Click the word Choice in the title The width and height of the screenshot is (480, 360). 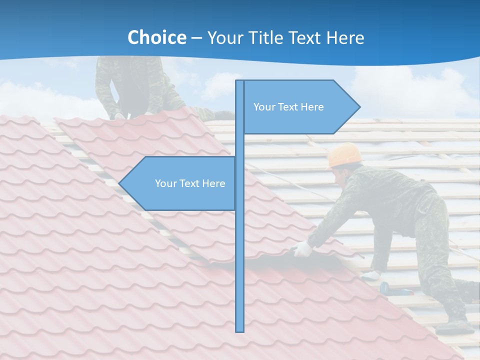(x=156, y=37)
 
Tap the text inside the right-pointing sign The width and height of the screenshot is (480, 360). (x=288, y=107)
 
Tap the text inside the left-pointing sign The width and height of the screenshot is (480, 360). (x=190, y=183)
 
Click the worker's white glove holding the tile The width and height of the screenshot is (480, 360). (x=302, y=248)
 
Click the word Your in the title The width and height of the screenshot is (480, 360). (x=223, y=37)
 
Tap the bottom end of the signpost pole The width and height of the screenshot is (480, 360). (x=240, y=330)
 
